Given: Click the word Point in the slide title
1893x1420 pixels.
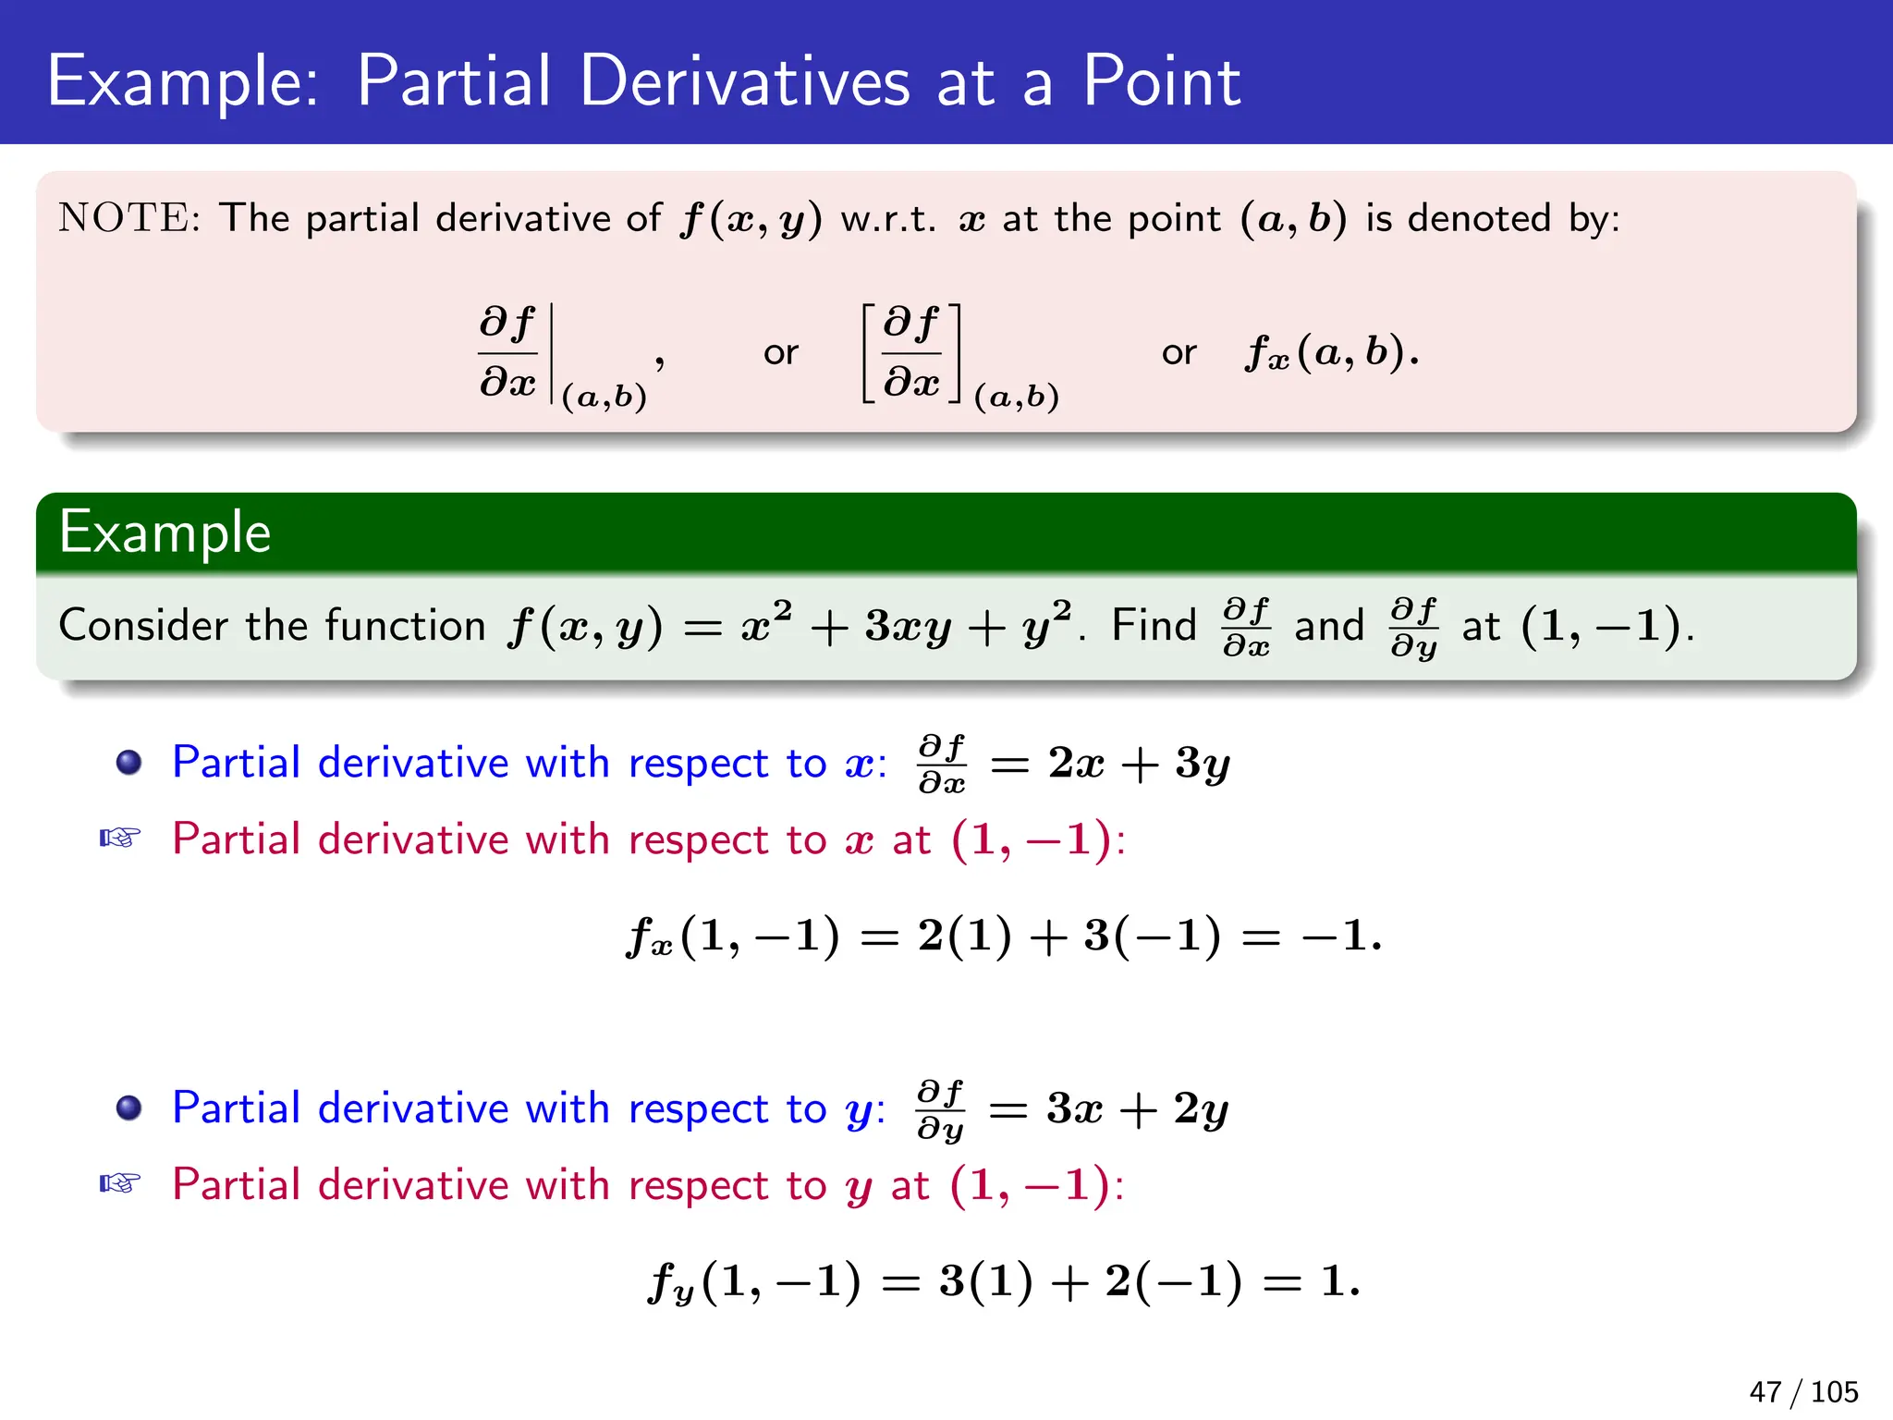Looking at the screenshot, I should click(1161, 81).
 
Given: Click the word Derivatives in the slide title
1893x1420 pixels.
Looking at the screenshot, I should click(744, 81).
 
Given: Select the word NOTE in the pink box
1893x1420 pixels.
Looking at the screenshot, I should click(124, 218).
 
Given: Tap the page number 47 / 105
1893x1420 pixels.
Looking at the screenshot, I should click(1803, 1391).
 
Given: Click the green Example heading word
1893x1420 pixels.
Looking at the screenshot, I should click(165, 532).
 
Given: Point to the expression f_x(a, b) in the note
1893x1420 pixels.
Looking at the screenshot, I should click(1331, 352).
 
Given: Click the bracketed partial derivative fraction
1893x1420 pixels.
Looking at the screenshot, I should click(911, 352).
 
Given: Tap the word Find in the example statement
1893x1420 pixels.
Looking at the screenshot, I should click(1154, 625).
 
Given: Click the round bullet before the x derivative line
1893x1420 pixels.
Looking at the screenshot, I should click(129, 763).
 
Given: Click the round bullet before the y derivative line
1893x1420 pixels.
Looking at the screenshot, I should click(129, 1108).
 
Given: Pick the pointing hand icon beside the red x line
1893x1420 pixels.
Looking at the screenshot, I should click(120, 839).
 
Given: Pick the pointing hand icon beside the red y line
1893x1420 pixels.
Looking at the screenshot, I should click(120, 1183).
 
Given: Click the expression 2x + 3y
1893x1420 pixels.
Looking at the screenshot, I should click(1139, 764).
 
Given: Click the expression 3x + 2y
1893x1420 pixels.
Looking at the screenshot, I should click(1137, 1108).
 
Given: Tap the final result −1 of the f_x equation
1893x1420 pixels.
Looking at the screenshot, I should click(1337, 936).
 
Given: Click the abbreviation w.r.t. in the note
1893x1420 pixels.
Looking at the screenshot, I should click(888, 219).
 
